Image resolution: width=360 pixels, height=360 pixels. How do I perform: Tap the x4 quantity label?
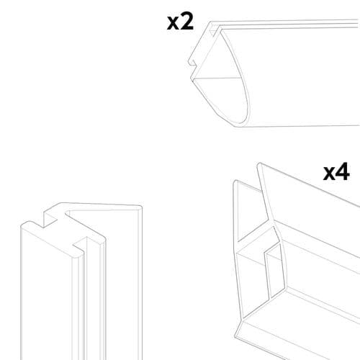(336, 172)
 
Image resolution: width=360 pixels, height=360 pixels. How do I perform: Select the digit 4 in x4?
(343, 172)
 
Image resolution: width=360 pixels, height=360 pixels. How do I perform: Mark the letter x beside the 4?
(329, 174)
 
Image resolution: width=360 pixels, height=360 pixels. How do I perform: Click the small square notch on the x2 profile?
(199, 70)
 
